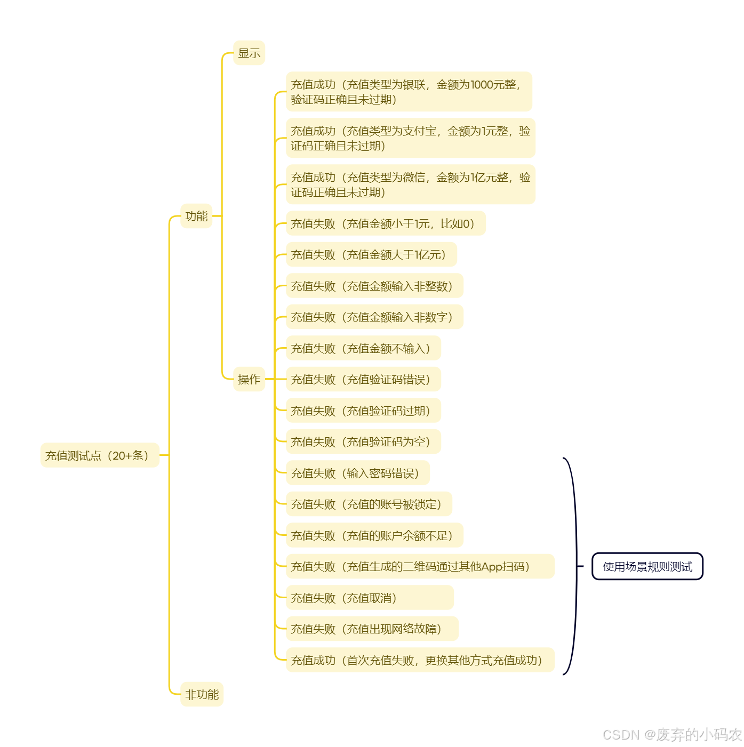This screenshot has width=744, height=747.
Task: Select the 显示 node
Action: click(x=249, y=53)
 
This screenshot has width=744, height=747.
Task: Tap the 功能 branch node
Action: click(x=196, y=216)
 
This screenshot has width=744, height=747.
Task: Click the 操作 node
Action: click(x=249, y=379)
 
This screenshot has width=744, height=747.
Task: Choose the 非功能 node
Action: click(x=202, y=694)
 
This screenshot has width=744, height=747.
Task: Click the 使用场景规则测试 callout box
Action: click(x=647, y=566)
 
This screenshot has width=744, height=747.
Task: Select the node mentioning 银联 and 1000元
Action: click(x=409, y=92)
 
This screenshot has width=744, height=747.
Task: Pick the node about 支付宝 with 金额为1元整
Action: click(x=410, y=138)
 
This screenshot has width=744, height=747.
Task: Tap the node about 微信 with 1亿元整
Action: click(x=410, y=184)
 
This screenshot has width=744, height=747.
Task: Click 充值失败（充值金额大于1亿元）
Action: click(x=371, y=255)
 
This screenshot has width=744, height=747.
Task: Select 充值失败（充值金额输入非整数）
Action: click(x=374, y=286)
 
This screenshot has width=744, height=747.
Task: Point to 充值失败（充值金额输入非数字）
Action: click(x=374, y=317)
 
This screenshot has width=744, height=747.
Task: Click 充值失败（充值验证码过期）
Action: click(x=363, y=411)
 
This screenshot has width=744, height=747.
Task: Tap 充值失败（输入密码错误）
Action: click(x=358, y=473)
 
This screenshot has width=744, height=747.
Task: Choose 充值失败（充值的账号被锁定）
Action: click(x=369, y=504)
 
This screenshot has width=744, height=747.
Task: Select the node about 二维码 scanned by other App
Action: click(x=420, y=566)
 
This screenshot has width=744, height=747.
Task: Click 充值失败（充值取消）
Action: click(x=370, y=598)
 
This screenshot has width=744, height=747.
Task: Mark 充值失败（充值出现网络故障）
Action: click(x=372, y=629)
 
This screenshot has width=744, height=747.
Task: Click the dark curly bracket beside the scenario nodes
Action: click(x=574, y=566)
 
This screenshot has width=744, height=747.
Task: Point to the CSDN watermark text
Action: click(x=672, y=735)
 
